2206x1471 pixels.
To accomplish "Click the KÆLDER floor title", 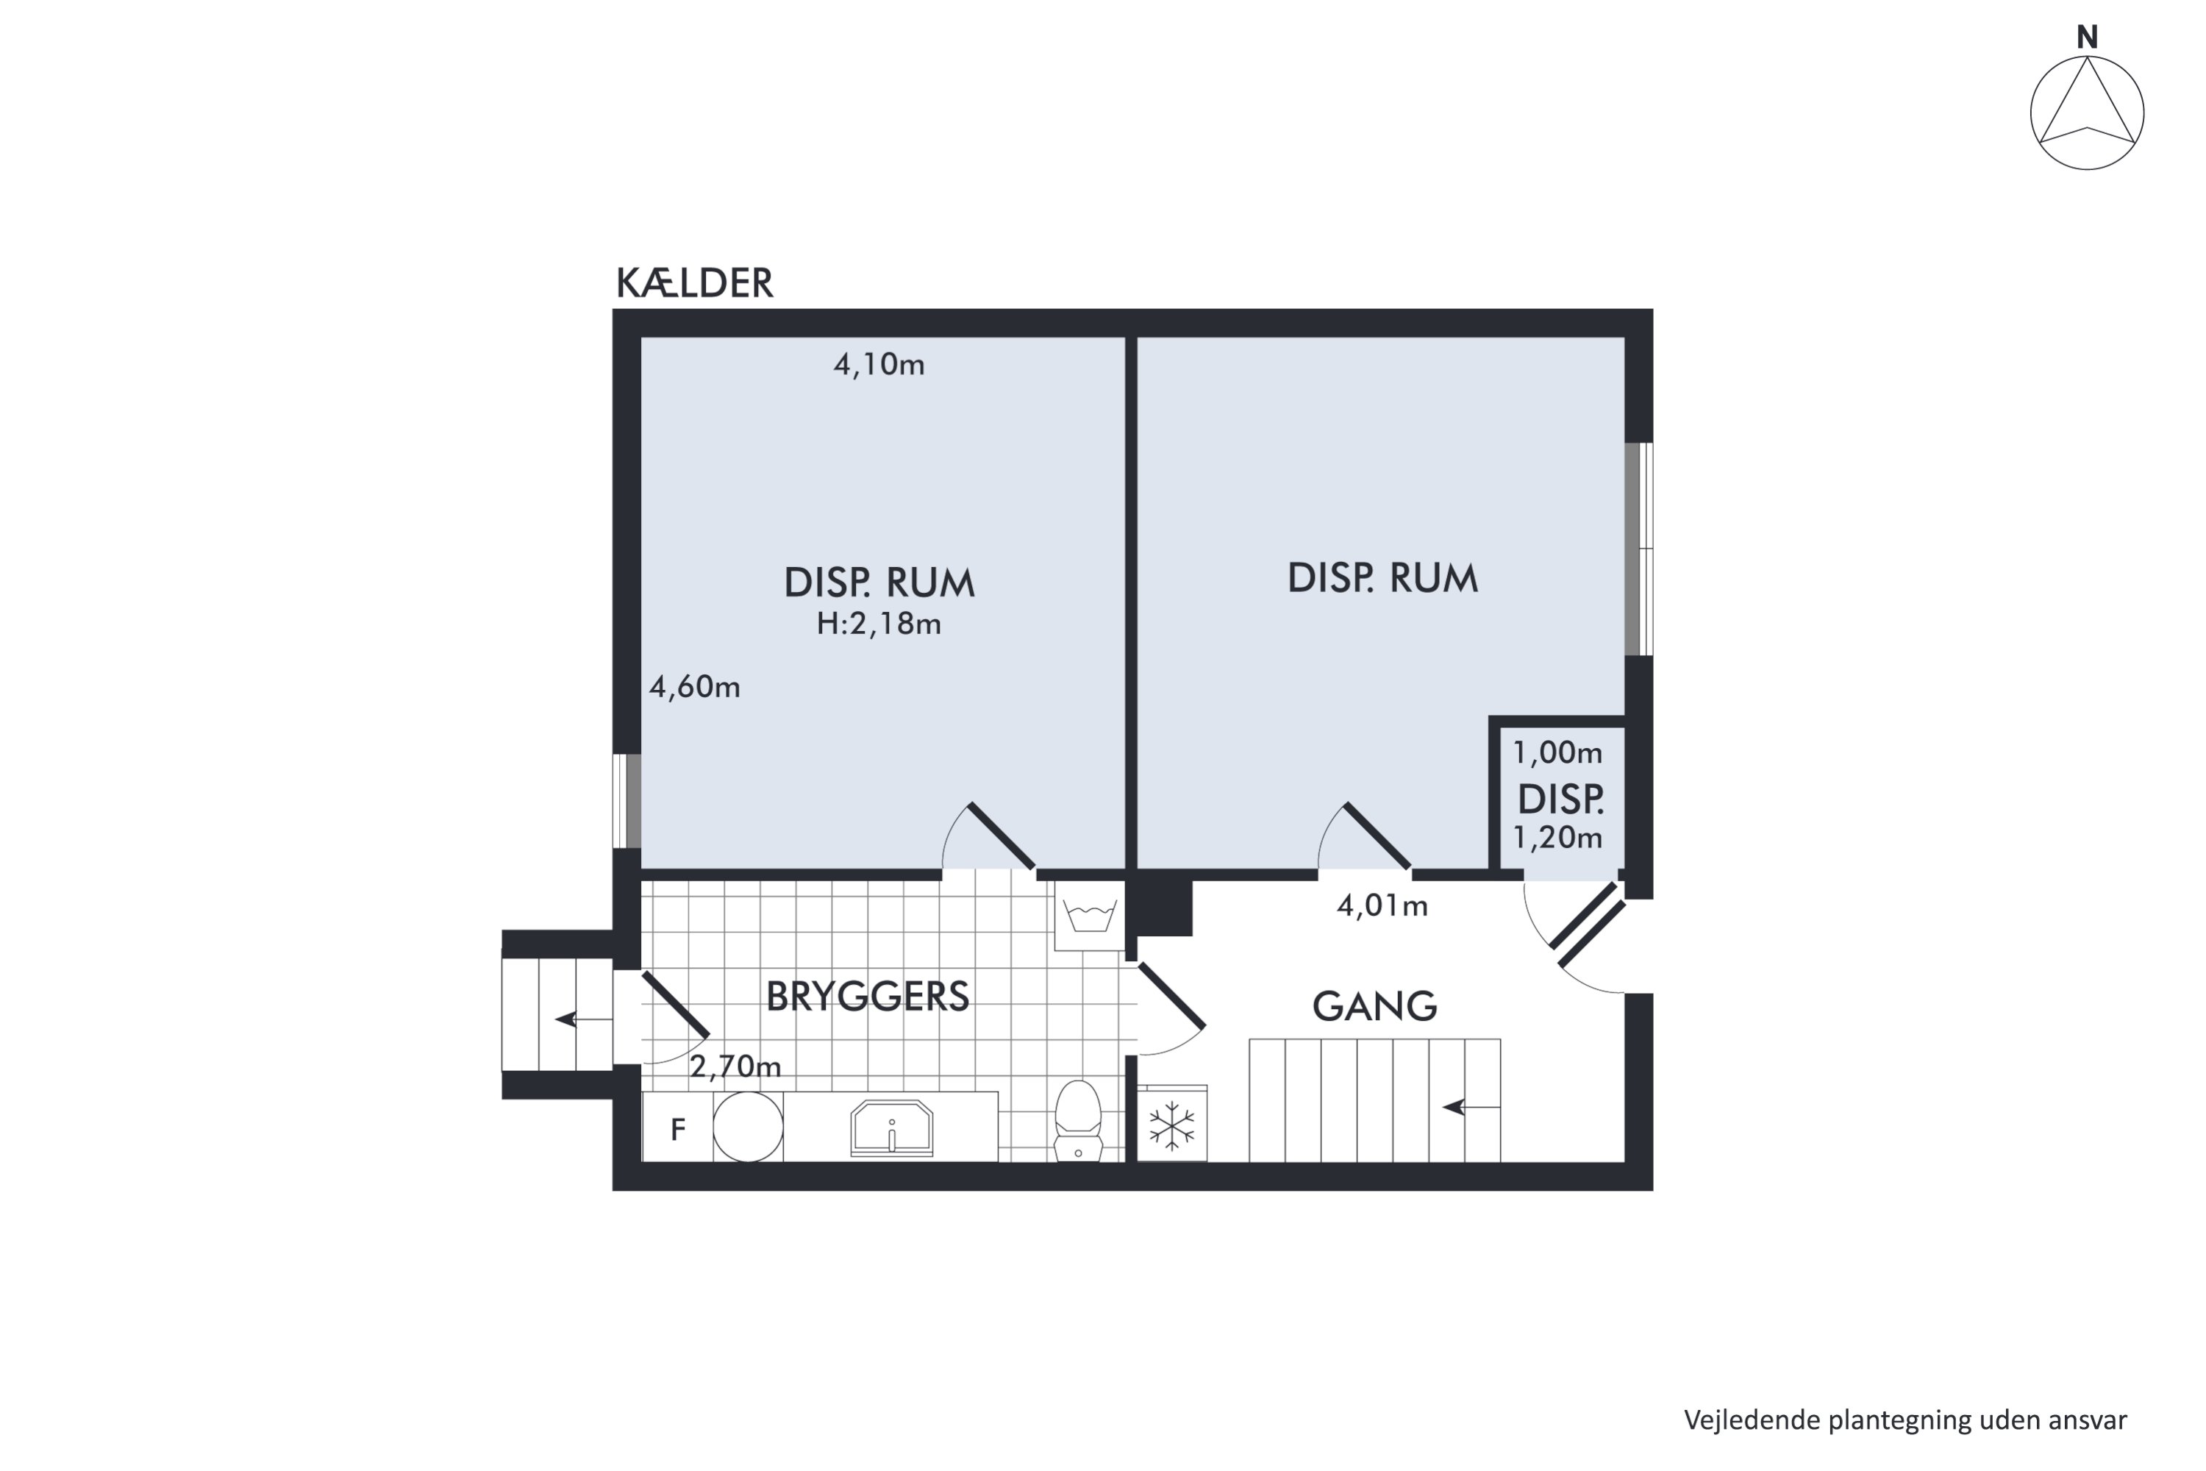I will pyautogui.click(x=694, y=283).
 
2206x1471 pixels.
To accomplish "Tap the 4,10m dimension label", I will pyautogui.click(x=879, y=365).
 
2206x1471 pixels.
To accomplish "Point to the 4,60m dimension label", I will pyautogui.click(x=694, y=688).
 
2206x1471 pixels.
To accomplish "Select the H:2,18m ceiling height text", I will pyautogui.click(x=878, y=624).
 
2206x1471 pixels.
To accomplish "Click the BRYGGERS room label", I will pyautogui.click(x=867, y=997).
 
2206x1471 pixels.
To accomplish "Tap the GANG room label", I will pyautogui.click(x=1374, y=1007).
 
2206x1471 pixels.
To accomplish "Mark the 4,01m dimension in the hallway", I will pyautogui.click(x=1382, y=906).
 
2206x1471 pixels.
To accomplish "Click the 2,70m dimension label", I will pyautogui.click(x=735, y=1066).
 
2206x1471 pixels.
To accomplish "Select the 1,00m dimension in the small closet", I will pyautogui.click(x=1557, y=753).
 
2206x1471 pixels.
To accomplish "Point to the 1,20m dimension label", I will pyautogui.click(x=1557, y=838).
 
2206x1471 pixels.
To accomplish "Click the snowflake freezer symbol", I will pyautogui.click(x=1171, y=1127).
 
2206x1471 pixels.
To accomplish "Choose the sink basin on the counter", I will pyautogui.click(x=891, y=1128).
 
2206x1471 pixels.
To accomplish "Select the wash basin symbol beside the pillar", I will pyautogui.click(x=1089, y=915).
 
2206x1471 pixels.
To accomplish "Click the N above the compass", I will pyautogui.click(x=2087, y=38).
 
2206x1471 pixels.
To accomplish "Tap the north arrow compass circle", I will pyautogui.click(x=2087, y=113).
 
